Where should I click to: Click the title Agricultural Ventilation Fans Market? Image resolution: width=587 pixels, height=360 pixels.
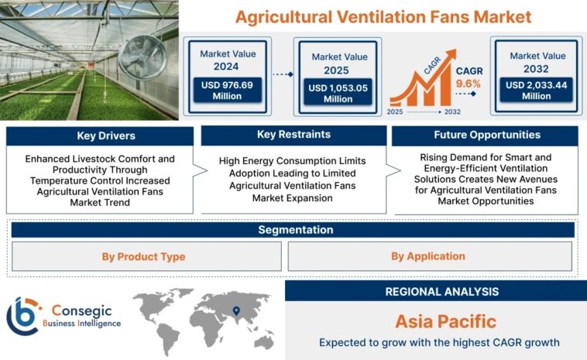[x=383, y=16]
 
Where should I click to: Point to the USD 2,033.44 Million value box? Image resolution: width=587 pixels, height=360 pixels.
[x=536, y=91]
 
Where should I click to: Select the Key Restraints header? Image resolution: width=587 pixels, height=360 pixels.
[x=293, y=135]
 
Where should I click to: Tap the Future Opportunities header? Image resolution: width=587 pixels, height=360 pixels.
[x=486, y=135]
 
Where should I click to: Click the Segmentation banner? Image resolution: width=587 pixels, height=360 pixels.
[x=295, y=230]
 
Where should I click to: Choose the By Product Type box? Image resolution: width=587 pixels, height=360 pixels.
[x=144, y=256]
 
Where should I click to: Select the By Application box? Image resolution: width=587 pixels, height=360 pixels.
[x=427, y=256]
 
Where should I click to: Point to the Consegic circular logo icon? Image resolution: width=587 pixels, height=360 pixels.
[x=24, y=316]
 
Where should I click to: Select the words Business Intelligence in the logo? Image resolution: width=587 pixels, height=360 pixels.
[x=81, y=323]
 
